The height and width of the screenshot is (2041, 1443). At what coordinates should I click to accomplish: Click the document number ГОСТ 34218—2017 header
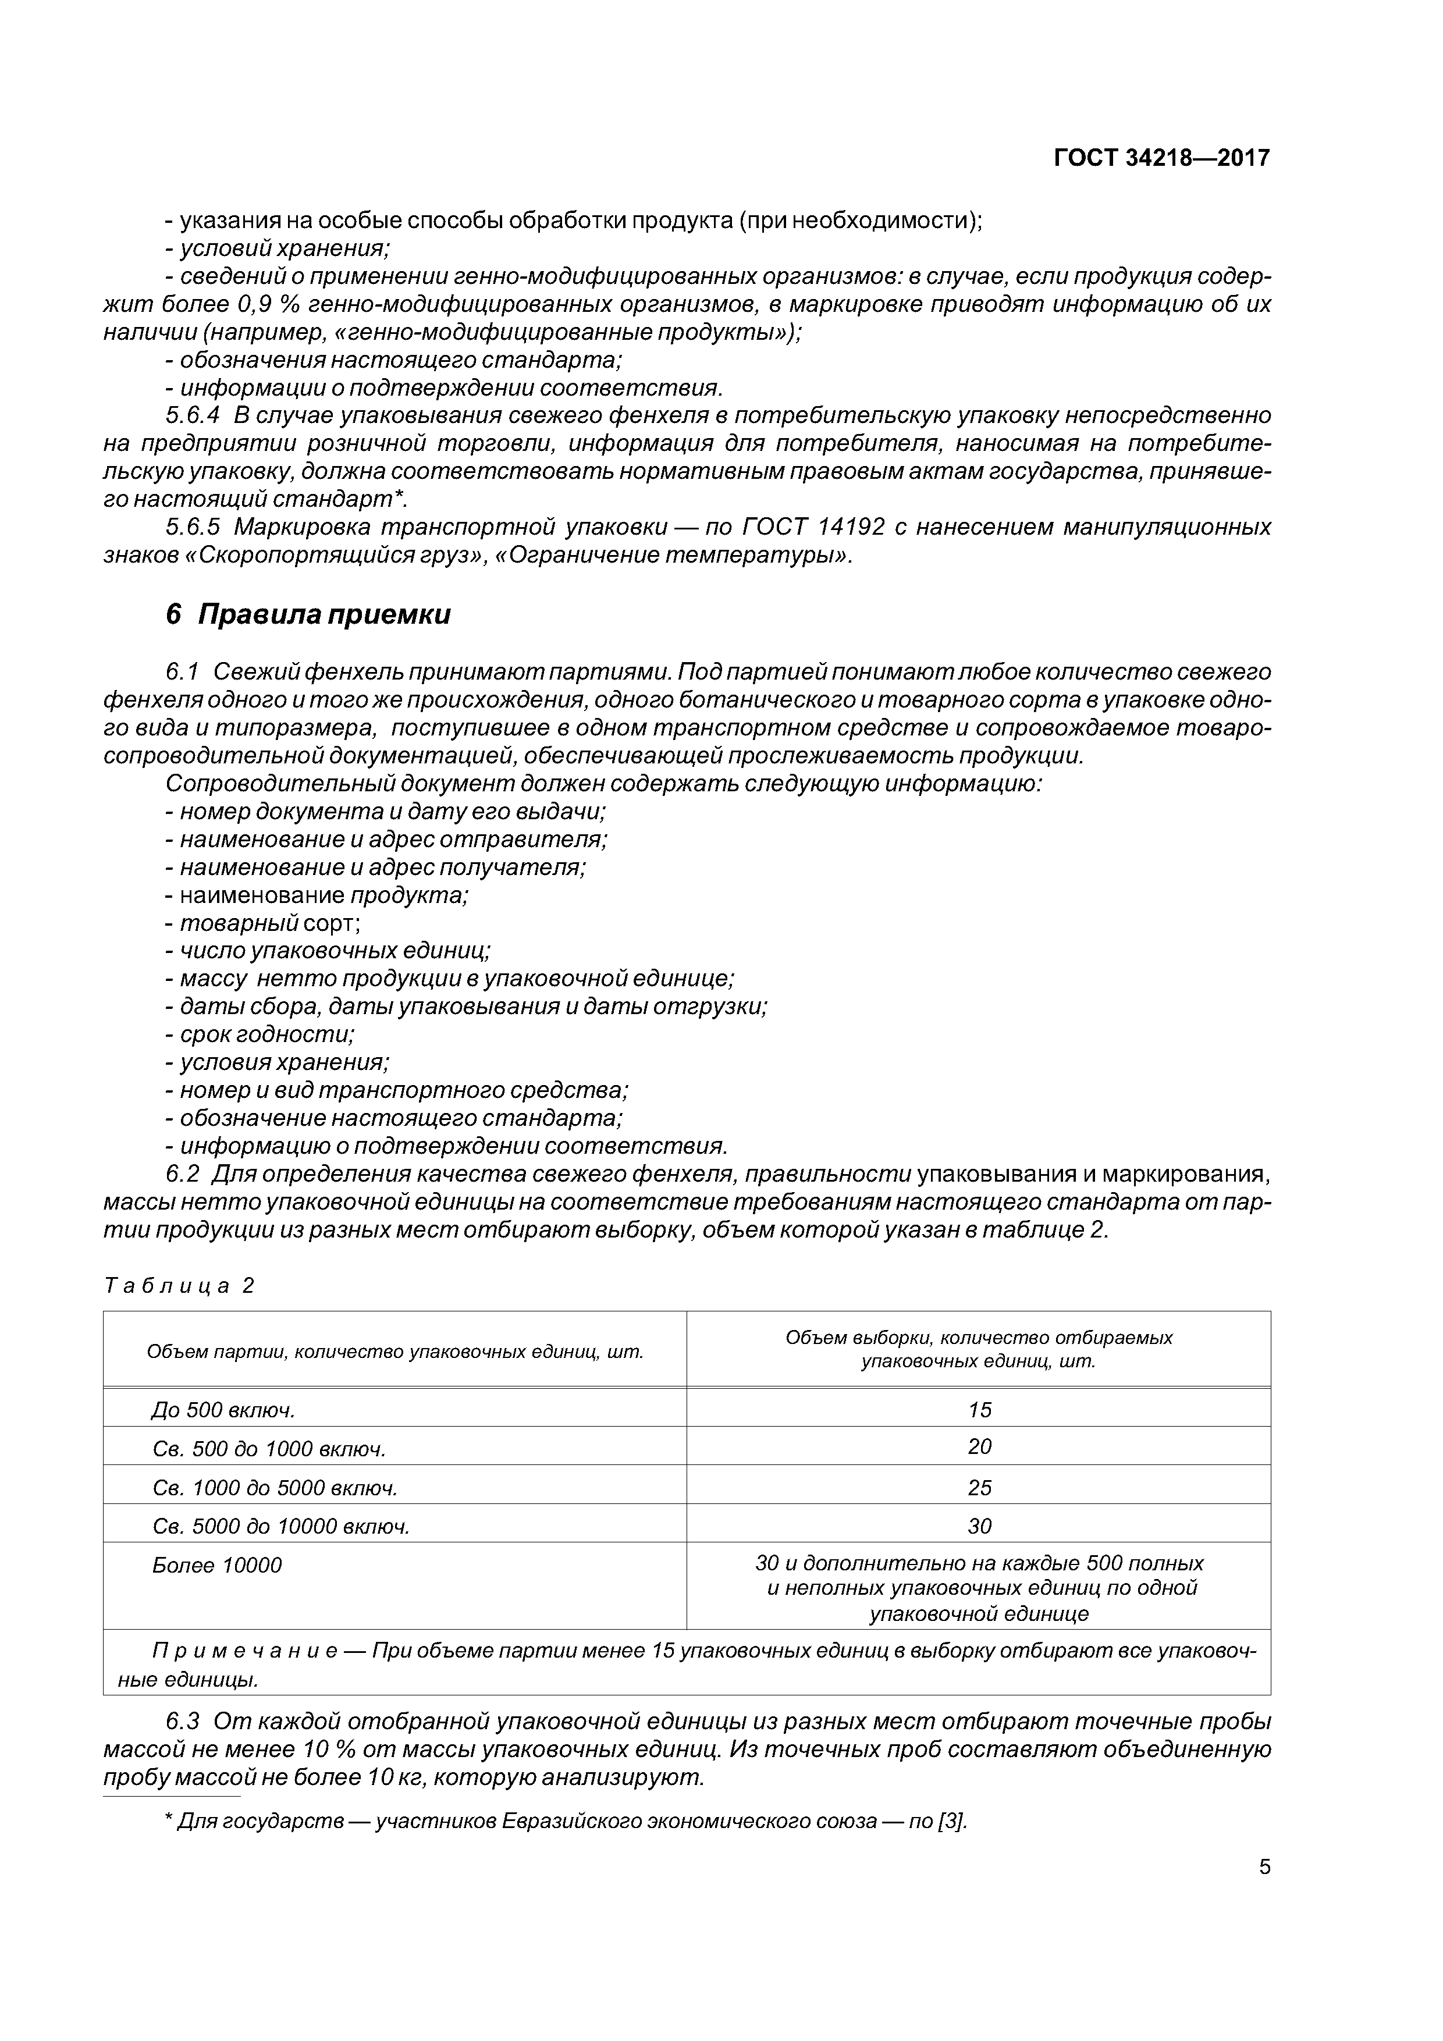coord(1161,158)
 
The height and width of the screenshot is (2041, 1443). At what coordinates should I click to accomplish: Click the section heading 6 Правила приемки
coord(308,614)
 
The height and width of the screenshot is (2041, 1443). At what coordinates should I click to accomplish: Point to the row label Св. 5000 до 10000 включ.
coord(281,1526)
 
